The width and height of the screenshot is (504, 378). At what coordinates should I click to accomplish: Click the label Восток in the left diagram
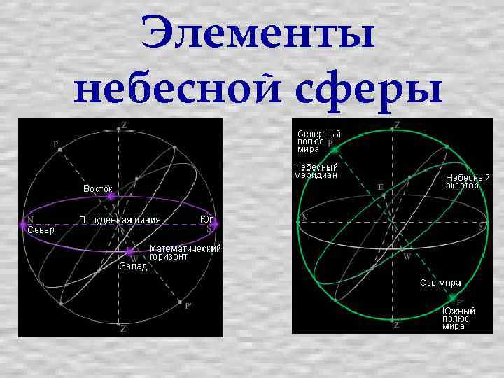click(x=98, y=188)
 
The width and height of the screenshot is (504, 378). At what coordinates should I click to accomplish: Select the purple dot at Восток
click(x=111, y=197)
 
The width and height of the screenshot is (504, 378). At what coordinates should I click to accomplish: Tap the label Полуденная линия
click(x=120, y=220)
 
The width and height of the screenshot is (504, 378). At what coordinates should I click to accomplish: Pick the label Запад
click(x=133, y=267)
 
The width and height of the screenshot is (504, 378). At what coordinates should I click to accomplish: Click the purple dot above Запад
click(x=129, y=251)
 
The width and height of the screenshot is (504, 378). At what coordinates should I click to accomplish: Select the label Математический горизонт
click(x=185, y=253)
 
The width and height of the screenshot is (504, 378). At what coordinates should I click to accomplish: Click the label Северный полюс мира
click(x=318, y=141)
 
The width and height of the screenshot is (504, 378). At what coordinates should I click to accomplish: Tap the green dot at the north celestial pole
click(x=335, y=149)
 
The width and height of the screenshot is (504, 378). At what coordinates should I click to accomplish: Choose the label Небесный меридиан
click(x=316, y=171)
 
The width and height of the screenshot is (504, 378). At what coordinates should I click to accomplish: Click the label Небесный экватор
click(x=468, y=182)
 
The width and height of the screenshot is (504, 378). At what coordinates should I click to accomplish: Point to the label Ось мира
click(x=440, y=283)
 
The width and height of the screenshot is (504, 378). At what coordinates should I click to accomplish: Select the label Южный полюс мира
click(x=459, y=318)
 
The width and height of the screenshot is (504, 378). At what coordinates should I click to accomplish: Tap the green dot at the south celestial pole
click(x=451, y=297)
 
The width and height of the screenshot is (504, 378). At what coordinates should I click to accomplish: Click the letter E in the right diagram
click(x=380, y=187)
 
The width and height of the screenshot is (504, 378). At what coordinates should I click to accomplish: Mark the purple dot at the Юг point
click(x=216, y=224)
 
